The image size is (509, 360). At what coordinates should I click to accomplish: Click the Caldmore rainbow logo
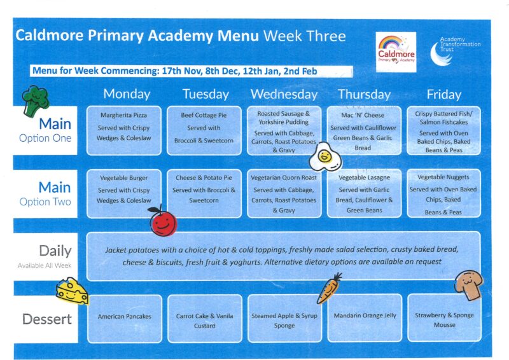click(x=396, y=52)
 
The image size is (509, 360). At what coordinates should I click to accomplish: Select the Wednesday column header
click(x=284, y=94)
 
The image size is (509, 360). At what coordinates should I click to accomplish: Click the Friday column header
click(x=443, y=95)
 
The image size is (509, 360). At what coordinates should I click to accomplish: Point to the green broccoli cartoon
click(x=35, y=101)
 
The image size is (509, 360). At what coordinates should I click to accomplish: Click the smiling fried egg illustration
click(x=325, y=157)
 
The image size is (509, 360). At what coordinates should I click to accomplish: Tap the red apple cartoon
click(x=163, y=221)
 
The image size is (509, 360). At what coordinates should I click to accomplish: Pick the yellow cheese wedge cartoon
click(x=72, y=291)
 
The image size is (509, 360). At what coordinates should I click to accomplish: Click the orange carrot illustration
click(x=329, y=288)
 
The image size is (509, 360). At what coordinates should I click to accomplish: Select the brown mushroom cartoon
click(x=468, y=285)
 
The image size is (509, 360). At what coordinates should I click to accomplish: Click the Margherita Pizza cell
click(x=123, y=130)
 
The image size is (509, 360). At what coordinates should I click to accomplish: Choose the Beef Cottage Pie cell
click(x=204, y=130)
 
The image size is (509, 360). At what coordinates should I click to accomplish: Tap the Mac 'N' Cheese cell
click(x=363, y=130)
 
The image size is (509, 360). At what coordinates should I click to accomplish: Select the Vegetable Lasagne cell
click(x=364, y=193)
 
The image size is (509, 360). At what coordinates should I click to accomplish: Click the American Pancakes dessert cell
click(x=125, y=319)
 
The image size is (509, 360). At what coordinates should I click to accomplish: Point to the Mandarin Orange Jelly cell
click(x=365, y=318)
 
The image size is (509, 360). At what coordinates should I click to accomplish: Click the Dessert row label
click(x=46, y=319)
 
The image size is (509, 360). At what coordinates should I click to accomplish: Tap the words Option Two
click(x=45, y=202)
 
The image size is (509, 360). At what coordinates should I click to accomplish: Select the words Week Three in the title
click(x=305, y=36)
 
